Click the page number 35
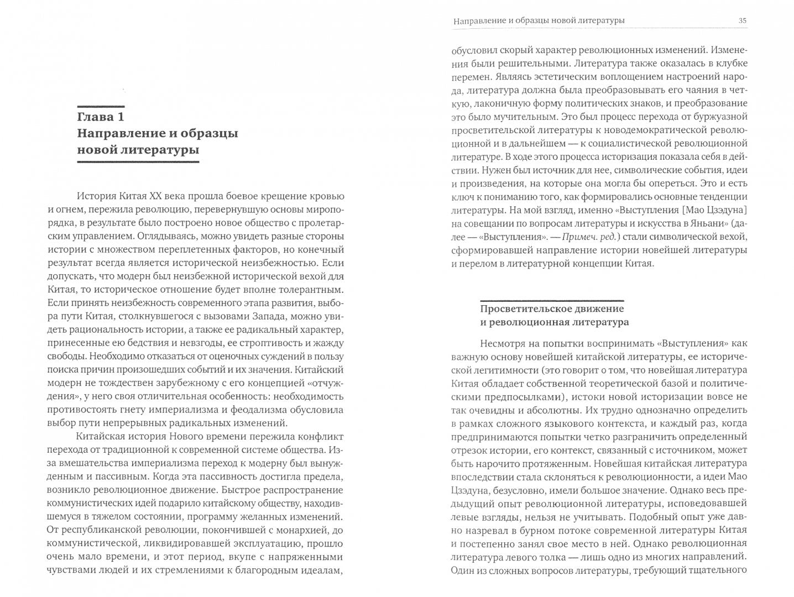743,21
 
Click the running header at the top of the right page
539,21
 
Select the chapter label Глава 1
101,117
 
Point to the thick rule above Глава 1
101,106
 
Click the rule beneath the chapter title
138,161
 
